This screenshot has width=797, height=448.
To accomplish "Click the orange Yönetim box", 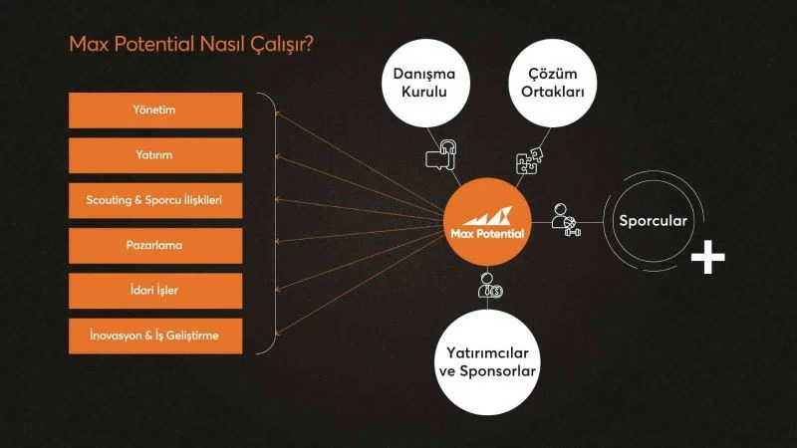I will pos(154,111).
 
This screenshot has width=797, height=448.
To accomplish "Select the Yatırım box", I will pos(154,155).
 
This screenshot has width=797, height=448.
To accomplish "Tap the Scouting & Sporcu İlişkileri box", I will pos(154,201).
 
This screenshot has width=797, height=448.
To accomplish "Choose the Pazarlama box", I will pos(154,246).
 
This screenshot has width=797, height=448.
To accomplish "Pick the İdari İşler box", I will pos(154,291).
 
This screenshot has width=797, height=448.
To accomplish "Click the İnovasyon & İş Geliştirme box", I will pos(154,336).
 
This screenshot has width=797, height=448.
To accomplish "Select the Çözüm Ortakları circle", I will pos(547,83).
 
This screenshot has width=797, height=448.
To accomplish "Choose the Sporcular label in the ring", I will pos(653,221).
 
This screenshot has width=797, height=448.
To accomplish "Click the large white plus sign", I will pos(707,257).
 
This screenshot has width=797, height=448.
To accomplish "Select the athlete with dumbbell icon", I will pos(566,218).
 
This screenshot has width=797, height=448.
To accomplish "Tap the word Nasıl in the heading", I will pos(228,44).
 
